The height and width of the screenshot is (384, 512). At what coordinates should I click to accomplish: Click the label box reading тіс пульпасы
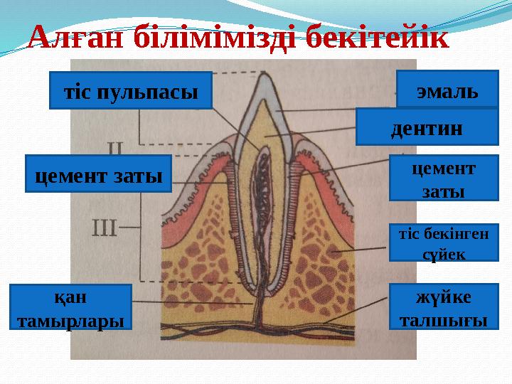(x=131, y=90)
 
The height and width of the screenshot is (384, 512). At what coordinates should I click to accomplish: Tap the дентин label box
(x=426, y=127)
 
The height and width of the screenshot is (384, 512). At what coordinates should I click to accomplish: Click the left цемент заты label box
(x=98, y=174)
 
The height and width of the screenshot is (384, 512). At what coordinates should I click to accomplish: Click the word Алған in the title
(x=70, y=36)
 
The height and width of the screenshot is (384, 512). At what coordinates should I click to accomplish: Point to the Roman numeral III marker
(x=104, y=229)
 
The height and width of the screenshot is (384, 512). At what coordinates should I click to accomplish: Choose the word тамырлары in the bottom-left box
(x=70, y=320)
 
